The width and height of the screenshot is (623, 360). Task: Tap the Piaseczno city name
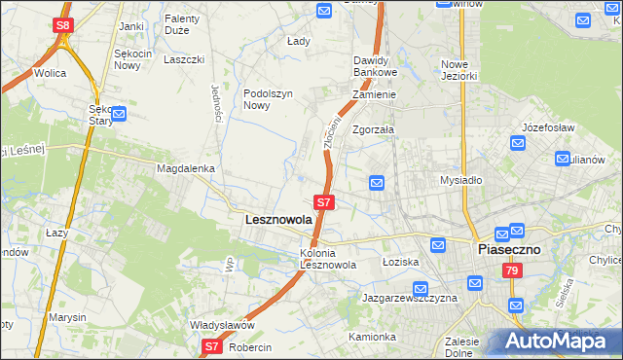516,249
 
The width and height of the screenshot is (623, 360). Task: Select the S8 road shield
63,24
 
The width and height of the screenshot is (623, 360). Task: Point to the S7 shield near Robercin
213,345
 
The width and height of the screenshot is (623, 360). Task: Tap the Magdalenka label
185,168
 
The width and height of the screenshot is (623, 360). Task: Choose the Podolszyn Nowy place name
268,99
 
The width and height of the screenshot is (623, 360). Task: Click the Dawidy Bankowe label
375,66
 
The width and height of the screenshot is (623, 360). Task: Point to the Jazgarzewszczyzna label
409,298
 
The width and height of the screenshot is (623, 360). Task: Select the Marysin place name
66,317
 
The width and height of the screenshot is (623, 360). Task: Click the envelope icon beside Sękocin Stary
120,115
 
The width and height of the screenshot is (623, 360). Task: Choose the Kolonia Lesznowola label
327,259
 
